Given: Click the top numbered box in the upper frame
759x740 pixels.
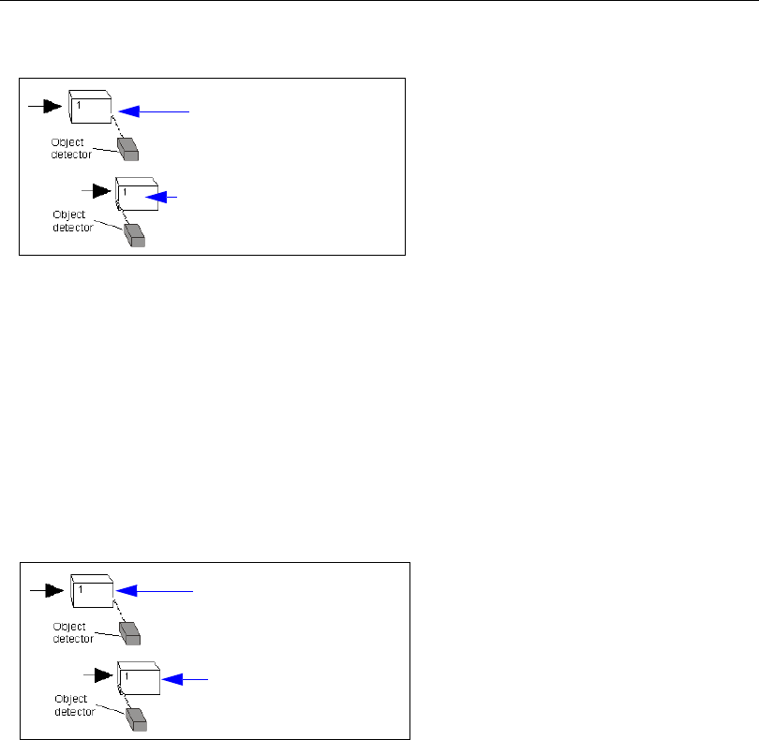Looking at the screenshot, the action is click(x=91, y=106).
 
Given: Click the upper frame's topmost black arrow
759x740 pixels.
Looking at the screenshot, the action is click(x=46, y=106).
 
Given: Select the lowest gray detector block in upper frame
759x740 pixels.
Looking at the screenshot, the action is click(x=135, y=234).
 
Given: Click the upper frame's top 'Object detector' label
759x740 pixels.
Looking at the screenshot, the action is click(x=71, y=148).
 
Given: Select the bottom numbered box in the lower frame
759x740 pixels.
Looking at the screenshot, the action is click(x=140, y=676).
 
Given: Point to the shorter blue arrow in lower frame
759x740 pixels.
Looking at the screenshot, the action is click(x=185, y=676).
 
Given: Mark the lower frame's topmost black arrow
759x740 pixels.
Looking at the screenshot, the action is click(x=48, y=591).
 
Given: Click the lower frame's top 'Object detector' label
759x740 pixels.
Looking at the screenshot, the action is click(x=73, y=633).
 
